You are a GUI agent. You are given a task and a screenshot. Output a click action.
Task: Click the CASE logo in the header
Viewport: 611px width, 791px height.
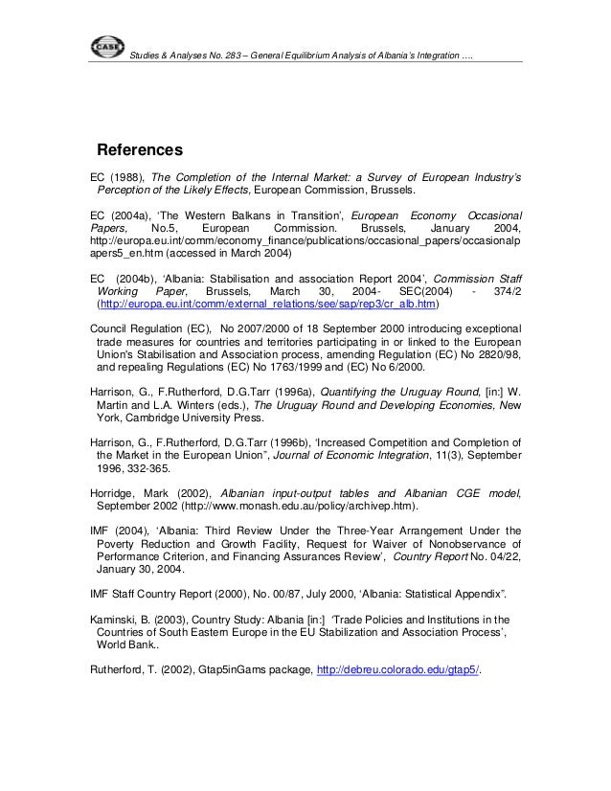[103, 47]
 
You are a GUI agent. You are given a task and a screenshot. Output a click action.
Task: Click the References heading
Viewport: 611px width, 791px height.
[141, 151]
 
